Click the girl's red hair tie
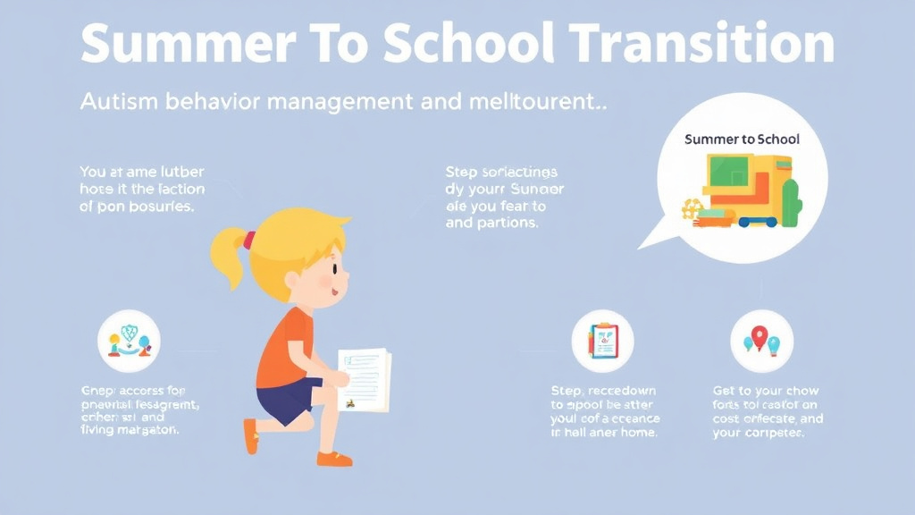(249, 239)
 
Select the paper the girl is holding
(365, 379)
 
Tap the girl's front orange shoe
(333, 458)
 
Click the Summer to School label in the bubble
(742, 139)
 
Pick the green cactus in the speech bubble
(791, 201)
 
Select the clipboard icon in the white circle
(602, 341)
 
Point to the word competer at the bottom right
(773, 434)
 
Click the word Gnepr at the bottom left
(101, 391)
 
